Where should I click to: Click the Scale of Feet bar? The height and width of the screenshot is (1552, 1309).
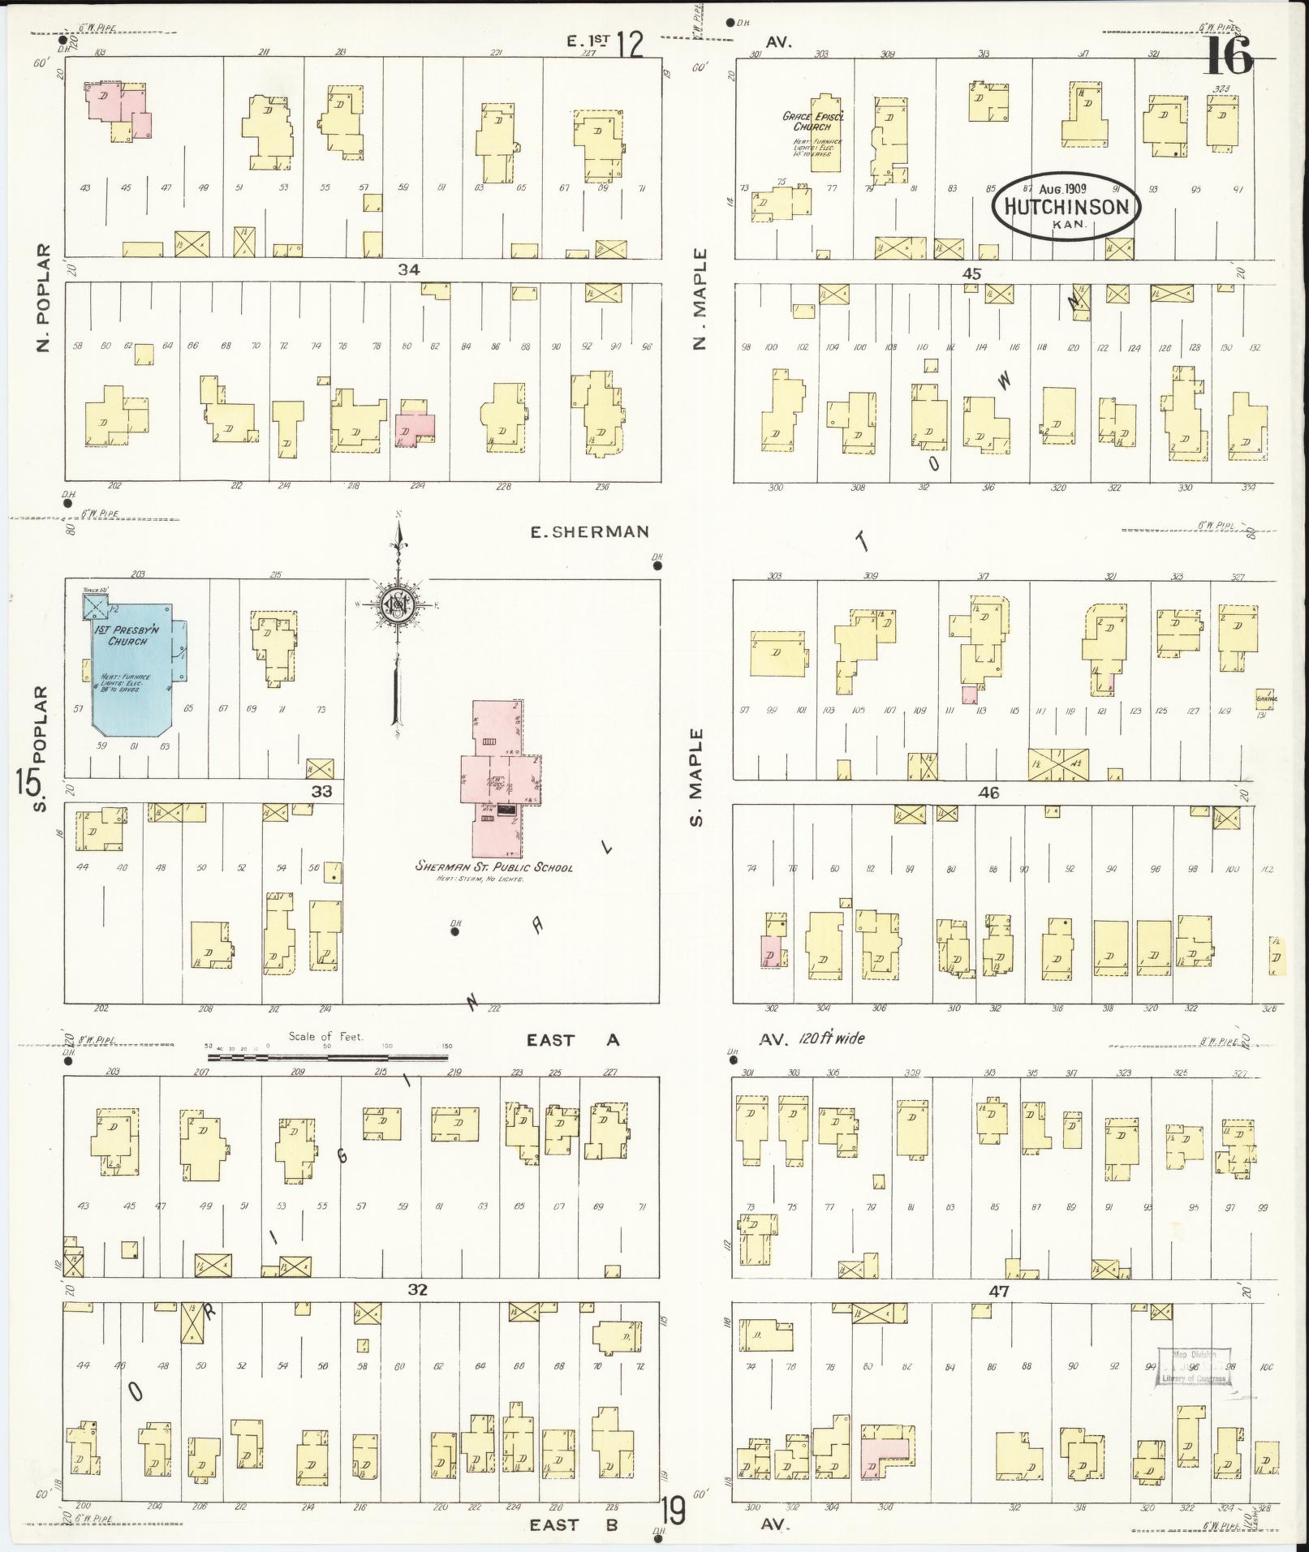pyautogui.click(x=327, y=1057)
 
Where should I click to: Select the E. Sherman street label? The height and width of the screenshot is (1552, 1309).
pyautogui.click(x=589, y=532)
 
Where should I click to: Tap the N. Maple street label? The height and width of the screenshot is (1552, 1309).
pyautogui.click(x=700, y=299)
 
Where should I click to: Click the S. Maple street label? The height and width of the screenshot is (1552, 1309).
pyautogui.click(x=700, y=777)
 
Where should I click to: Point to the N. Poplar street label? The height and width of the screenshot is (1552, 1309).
pyautogui.click(x=43, y=299)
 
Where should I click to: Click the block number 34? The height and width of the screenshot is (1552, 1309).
pyautogui.click(x=408, y=269)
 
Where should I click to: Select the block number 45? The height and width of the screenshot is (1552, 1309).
pyautogui.click(x=971, y=273)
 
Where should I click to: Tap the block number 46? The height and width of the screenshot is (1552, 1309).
pyautogui.click(x=989, y=793)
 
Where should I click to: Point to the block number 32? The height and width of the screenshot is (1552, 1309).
pyautogui.click(x=417, y=1290)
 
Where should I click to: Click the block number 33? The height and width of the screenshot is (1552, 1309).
pyautogui.click(x=321, y=791)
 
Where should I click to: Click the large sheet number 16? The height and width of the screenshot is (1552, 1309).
pyautogui.click(x=1228, y=55)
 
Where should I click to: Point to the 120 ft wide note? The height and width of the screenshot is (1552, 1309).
pyautogui.click(x=831, y=1038)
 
